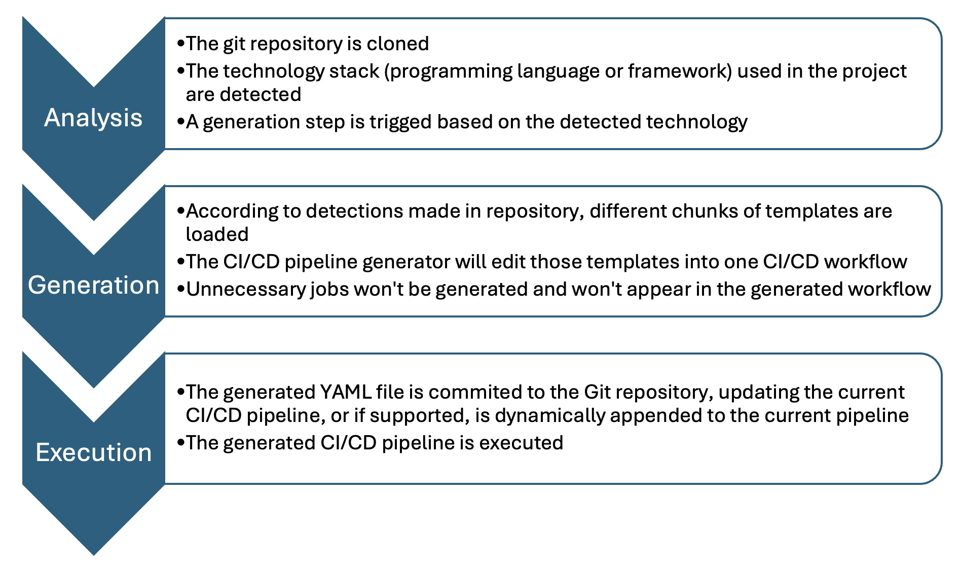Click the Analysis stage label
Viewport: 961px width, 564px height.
tap(93, 118)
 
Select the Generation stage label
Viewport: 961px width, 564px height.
tap(94, 285)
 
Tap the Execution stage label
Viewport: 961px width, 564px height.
tap(94, 452)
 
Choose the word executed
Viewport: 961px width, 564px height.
tap(521, 443)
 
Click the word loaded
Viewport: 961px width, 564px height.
tap(217, 234)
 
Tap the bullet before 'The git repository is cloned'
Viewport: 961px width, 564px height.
tap(180, 44)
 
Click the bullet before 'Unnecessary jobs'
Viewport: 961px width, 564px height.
tap(180, 289)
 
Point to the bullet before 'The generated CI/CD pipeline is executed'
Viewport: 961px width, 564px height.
tap(180, 443)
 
